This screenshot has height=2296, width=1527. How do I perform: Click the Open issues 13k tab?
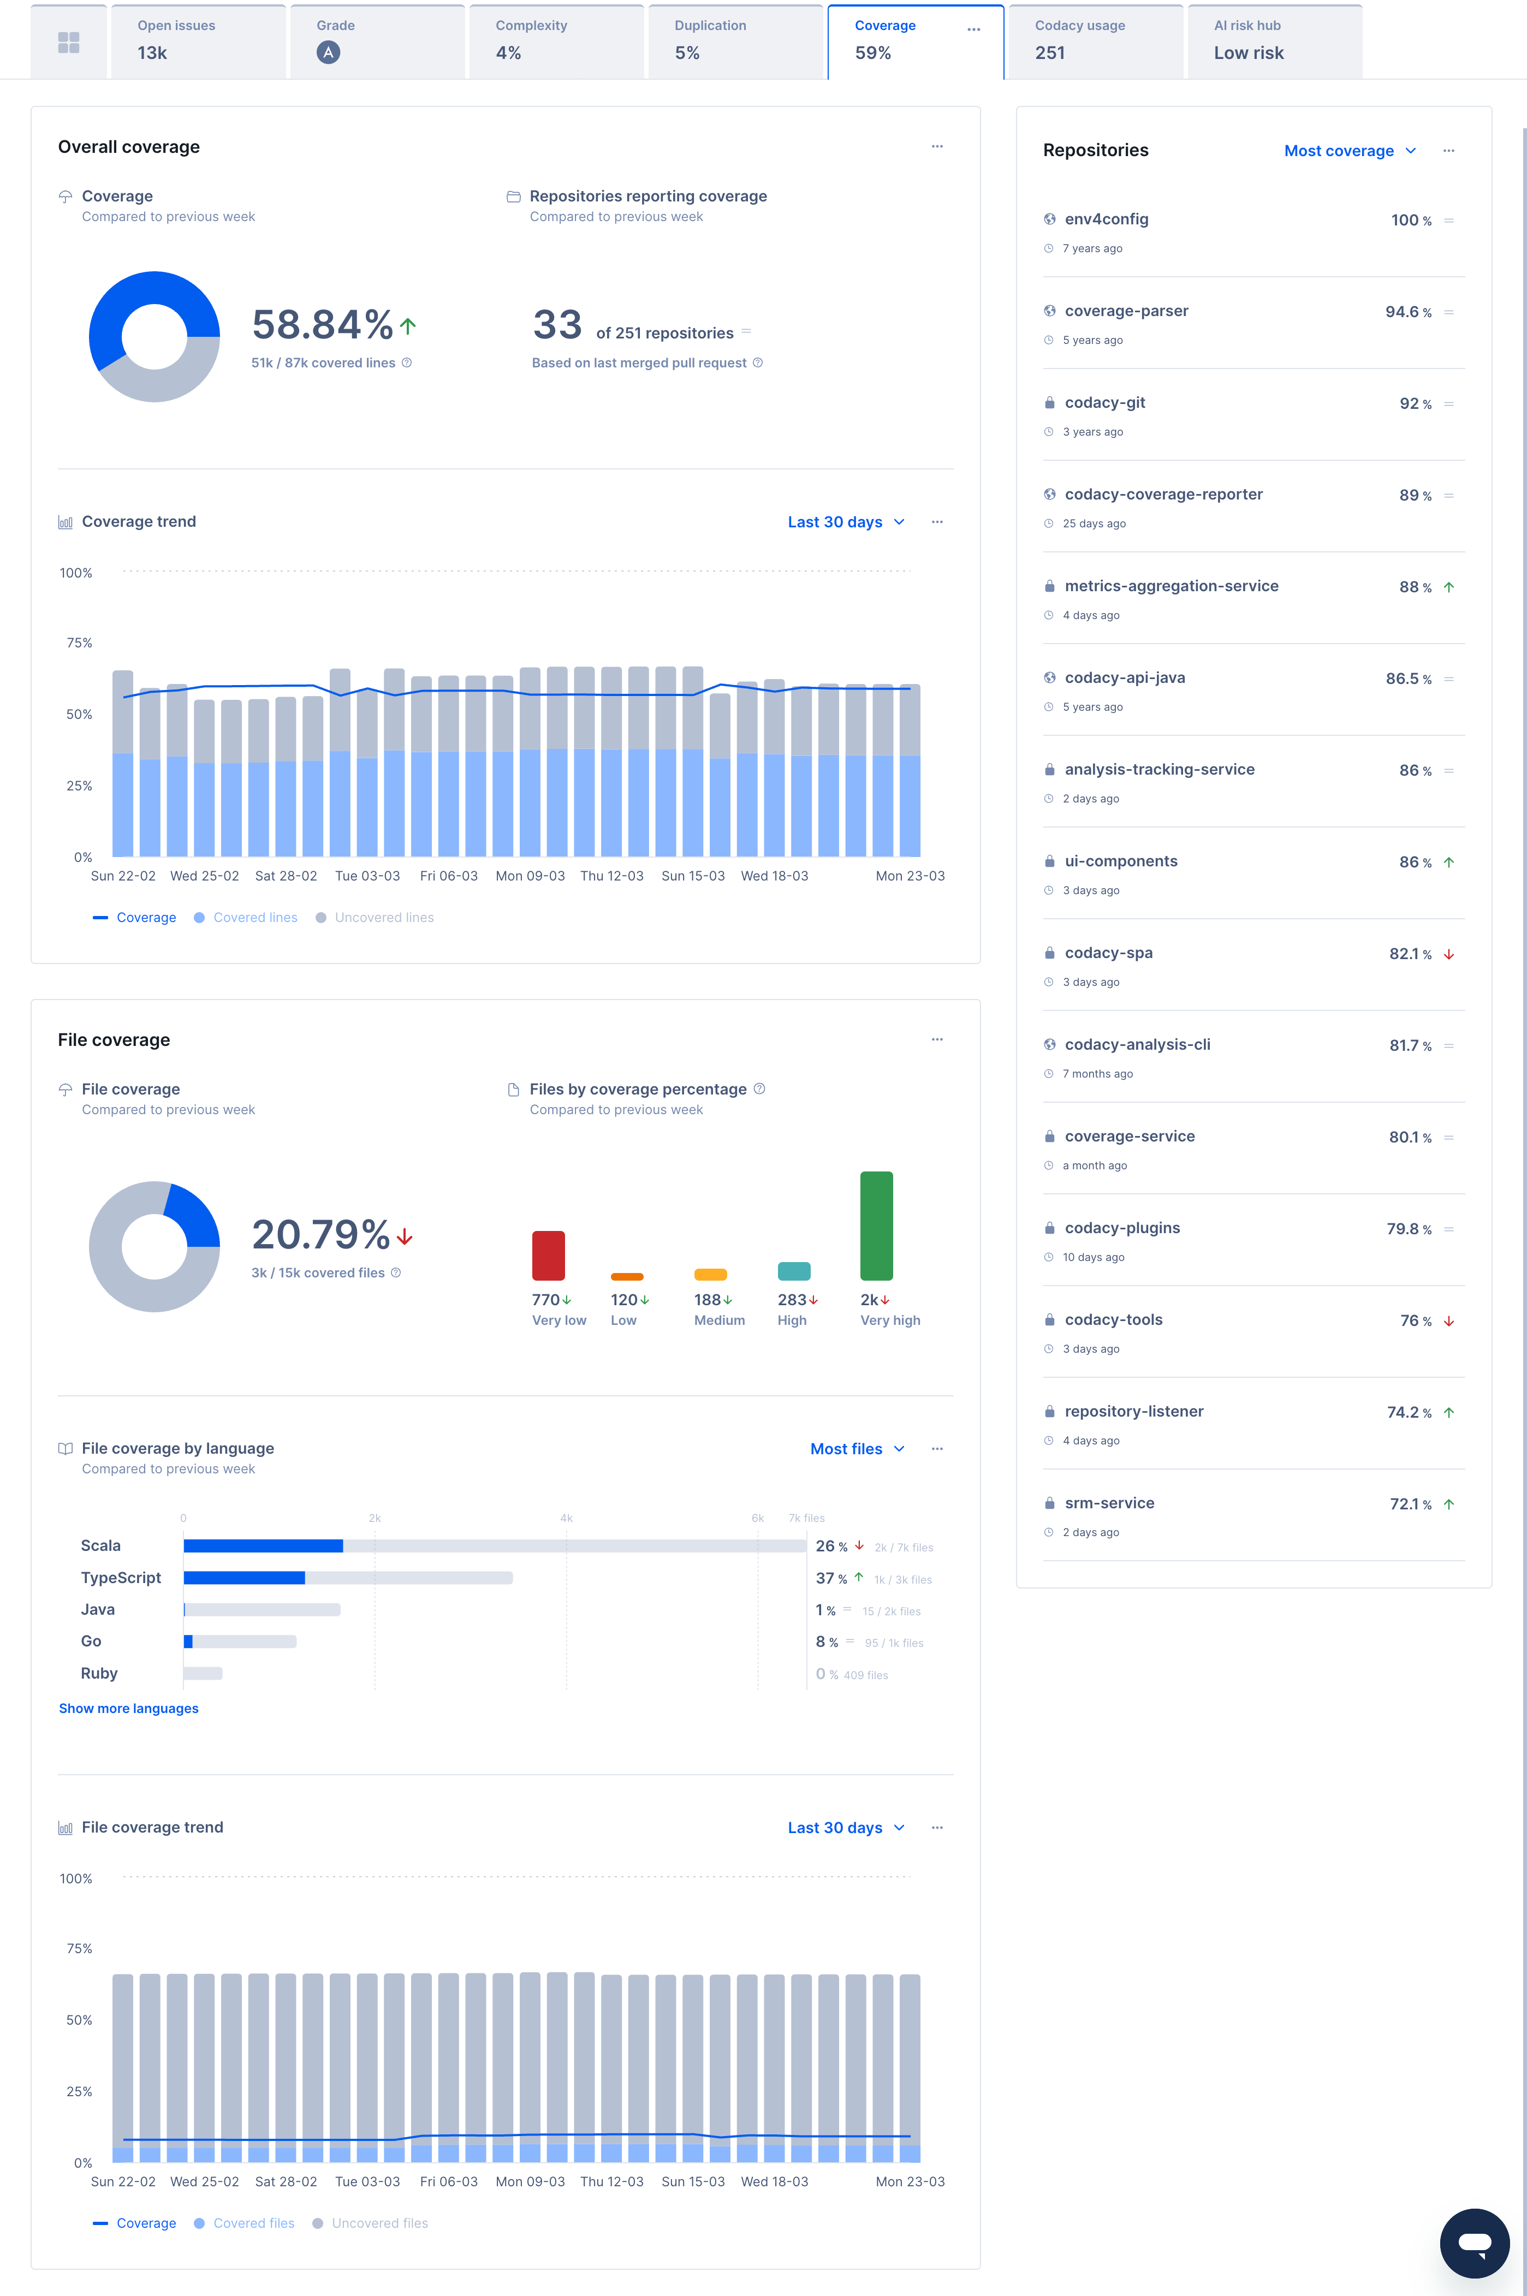[198, 41]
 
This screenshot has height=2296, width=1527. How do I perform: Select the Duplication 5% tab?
[734, 41]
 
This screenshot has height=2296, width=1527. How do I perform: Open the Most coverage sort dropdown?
[1349, 151]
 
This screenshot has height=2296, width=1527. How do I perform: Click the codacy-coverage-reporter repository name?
[1163, 495]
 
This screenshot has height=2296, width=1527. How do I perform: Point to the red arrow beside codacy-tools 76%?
[1448, 1322]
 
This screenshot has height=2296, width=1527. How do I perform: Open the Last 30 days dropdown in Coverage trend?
[845, 522]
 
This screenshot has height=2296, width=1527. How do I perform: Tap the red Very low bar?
[548, 1255]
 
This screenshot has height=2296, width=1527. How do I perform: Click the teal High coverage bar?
[794, 1271]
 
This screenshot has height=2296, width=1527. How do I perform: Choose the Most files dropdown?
[857, 1449]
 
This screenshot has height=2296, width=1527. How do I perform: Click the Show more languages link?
[128, 1708]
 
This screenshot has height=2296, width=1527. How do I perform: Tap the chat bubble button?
[1473, 2243]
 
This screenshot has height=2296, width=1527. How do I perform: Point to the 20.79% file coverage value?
[320, 1235]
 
